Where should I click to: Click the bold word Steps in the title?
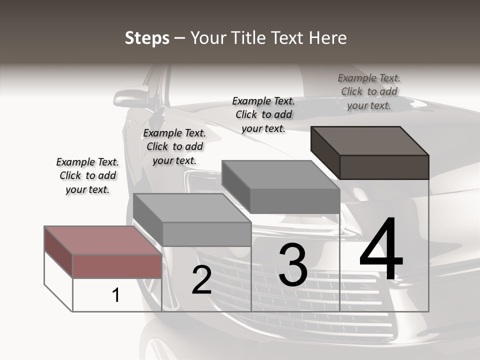[147, 38]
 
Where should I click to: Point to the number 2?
[202, 280]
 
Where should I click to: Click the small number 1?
[116, 295]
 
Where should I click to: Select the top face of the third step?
[280, 174]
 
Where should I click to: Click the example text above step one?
[87, 175]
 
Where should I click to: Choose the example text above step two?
[174, 146]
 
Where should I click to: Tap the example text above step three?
[263, 114]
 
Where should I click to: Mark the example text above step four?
[369, 91]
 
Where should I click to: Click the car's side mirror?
[131, 96]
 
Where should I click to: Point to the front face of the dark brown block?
[384, 167]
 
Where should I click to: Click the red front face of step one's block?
[117, 266]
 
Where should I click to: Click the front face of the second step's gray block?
[206, 234]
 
